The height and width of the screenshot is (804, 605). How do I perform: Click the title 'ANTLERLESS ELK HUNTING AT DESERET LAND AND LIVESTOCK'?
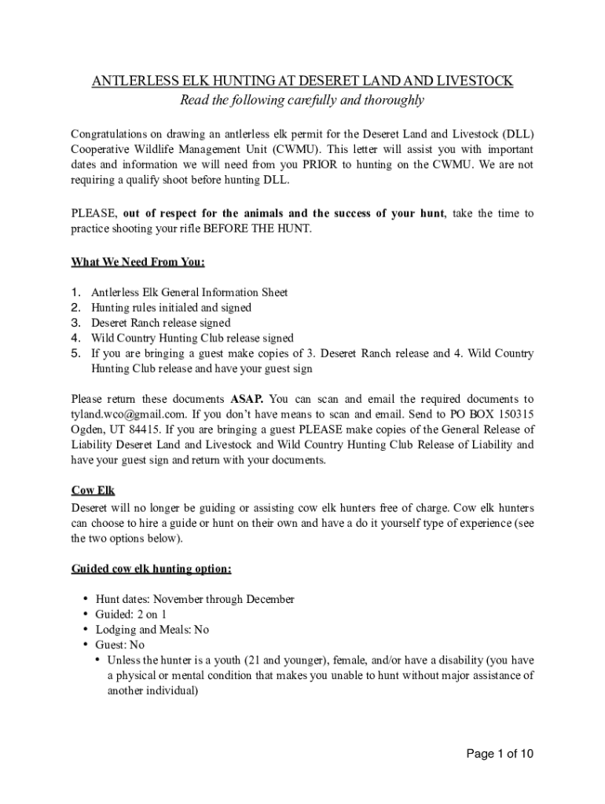pyautogui.click(x=302, y=81)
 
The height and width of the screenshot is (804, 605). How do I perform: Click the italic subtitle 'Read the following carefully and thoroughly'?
pyautogui.click(x=302, y=100)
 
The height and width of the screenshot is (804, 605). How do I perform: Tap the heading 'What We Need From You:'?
pyautogui.click(x=138, y=261)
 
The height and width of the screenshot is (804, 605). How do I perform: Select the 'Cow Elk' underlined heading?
pyautogui.click(x=93, y=491)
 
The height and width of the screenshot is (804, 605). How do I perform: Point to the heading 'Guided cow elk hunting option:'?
pyautogui.click(x=151, y=568)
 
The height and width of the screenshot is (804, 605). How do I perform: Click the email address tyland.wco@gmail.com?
pyautogui.click(x=129, y=414)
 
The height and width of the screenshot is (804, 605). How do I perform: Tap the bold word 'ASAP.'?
pyautogui.click(x=247, y=399)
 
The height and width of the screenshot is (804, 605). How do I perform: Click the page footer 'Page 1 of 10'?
pyautogui.click(x=500, y=755)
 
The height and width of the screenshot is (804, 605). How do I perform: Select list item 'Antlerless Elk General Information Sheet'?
pyautogui.click(x=189, y=292)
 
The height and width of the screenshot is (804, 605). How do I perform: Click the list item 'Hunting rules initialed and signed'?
pyautogui.click(x=171, y=308)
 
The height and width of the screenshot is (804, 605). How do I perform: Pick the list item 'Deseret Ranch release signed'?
pyautogui.click(x=161, y=323)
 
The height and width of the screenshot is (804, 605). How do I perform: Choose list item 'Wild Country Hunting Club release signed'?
pyautogui.click(x=192, y=338)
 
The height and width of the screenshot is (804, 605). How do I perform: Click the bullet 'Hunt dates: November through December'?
pyautogui.click(x=195, y=599)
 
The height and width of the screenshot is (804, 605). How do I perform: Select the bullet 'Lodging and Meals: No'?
pyautogui.click(x=152, y=630)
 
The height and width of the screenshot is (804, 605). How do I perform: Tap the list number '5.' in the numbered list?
pyautogui.click(x=76, y=353)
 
